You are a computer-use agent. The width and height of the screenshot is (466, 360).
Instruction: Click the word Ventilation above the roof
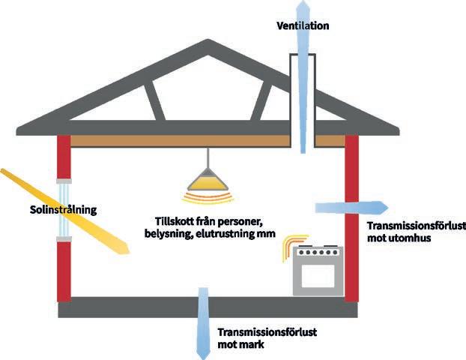coord(303,26)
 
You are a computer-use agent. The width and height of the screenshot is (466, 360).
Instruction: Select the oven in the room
coord(317,271)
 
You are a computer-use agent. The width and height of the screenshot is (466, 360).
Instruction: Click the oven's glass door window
coord(317,278)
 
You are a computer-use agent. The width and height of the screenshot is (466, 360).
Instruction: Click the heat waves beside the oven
coord(285,248)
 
